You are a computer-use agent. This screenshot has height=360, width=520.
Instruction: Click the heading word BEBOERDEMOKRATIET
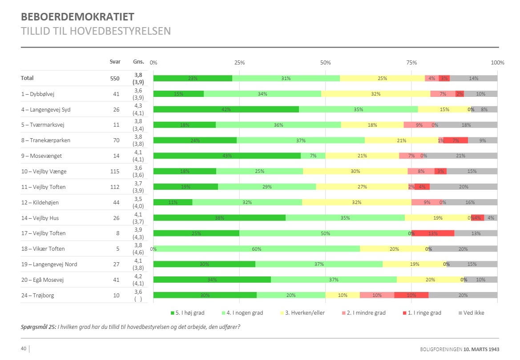(x=77, y=17)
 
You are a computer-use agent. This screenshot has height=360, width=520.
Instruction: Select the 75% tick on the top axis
(x=411, y=62)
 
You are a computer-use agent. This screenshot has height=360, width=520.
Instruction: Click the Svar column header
(x=115, y=62)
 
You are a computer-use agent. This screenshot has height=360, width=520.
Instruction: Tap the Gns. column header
(x=138, y=62)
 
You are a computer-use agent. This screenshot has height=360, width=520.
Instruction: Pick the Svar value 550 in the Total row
(x=115, y=78)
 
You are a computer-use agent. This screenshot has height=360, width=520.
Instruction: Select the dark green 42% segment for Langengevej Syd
(x=226, y=109)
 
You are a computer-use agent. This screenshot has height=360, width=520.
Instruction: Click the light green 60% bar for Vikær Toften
(x=257, y=249)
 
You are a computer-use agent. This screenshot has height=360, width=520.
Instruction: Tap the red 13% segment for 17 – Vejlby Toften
(x=433, y=233)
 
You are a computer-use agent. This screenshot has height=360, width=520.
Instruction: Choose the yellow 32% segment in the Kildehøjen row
(x=356, y=202)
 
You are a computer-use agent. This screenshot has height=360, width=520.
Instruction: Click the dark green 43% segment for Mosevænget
(x=227, y=156)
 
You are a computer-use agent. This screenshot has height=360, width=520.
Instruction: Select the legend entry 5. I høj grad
(x=188, y=313)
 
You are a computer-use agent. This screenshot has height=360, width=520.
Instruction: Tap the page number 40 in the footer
(x=24, y=348)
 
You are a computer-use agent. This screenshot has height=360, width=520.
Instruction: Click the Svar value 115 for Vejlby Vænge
(x=115, y=172)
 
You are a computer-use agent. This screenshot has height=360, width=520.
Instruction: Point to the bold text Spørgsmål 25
(x=39, y=327)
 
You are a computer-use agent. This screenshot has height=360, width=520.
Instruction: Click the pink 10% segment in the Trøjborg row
(x=377, y=296)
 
